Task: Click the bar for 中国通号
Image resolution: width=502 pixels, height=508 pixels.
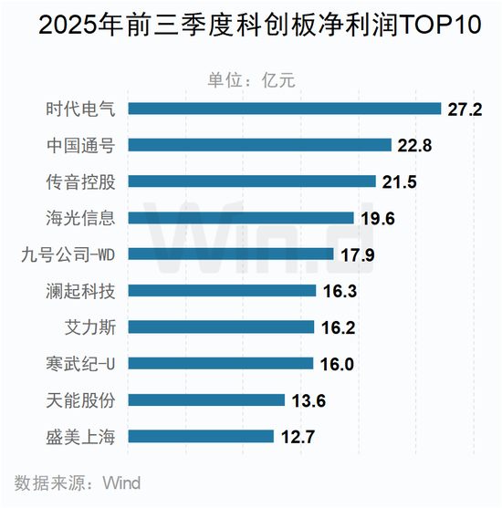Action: [260, 145]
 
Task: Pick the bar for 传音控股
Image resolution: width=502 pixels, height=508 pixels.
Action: [252, 181]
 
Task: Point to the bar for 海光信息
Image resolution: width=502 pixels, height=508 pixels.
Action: [241, 218]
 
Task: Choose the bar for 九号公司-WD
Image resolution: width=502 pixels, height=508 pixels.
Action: [233, 254]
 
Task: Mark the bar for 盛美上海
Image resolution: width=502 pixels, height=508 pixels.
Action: [201, 436]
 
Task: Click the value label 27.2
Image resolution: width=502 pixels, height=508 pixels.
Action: [465, 109]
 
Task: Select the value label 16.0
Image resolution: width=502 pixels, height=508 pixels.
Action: [335, 364]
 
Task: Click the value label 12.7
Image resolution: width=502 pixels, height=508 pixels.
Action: [297, 437]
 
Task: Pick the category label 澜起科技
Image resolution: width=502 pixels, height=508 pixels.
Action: [81, 291]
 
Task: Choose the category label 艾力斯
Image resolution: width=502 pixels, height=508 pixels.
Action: [89, 327]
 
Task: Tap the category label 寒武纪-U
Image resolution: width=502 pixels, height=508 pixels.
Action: [84, 364]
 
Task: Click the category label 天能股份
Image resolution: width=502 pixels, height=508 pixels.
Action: [81, 400]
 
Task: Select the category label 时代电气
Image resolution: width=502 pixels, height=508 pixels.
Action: [81, 109]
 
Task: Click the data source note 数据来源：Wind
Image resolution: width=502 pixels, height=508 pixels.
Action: [78, 482]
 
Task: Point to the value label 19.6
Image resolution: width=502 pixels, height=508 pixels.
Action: [375, 219]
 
